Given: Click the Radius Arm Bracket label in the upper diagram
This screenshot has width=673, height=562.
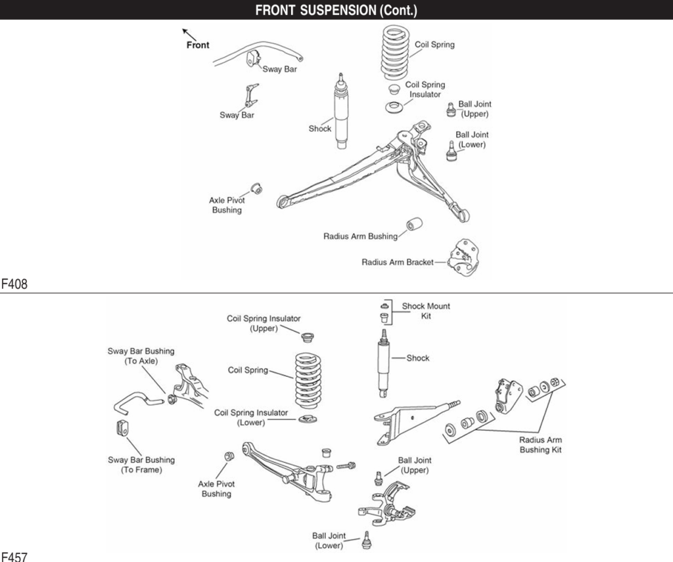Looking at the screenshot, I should (x=397, y=262).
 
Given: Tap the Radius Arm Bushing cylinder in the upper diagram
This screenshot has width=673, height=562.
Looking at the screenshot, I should (x=413, y=225).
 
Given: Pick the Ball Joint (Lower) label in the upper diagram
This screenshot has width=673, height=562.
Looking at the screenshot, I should (x=472, y=139).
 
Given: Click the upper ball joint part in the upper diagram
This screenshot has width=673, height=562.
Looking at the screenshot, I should (x=451, y=109).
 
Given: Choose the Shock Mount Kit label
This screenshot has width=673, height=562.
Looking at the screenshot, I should (x=426, y=311).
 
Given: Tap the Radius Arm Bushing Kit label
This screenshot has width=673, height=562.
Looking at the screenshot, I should (x=541, y=444).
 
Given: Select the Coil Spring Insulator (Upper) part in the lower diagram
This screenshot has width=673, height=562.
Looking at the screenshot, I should (x=305, y=337).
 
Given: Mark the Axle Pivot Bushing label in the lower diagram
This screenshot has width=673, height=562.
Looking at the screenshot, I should (x=216, y=488).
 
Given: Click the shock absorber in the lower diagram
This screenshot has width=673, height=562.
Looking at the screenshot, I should (x=383, y=362).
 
